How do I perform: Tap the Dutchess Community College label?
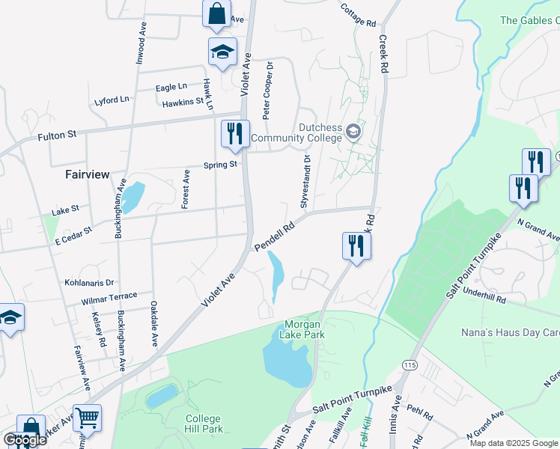(x=298, y=132)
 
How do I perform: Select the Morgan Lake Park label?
(x=304, y=330)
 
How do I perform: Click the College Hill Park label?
(x=203, y=424)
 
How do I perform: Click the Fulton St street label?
(x=58, y=137)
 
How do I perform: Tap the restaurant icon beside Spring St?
(x=235, y=134)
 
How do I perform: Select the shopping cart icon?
(x=87, y=418)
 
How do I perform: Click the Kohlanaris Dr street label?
(x=88, y=283)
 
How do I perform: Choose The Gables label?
(x=529, y=21)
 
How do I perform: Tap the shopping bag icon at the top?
(x=216, y=13)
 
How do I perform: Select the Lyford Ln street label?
(x=112, y=100)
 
